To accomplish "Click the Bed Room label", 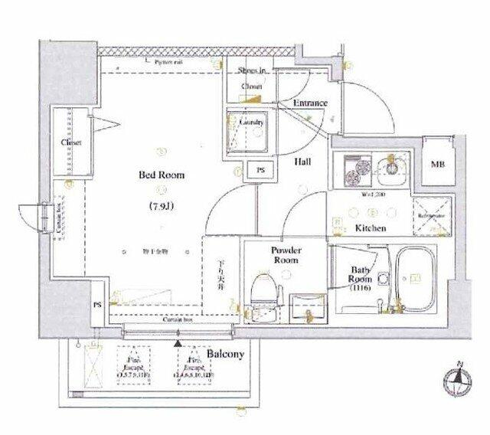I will (x=162, y=175).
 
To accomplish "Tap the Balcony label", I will (x=224, y=355).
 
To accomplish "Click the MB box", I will (x=439, y=163).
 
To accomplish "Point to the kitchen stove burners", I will (x=354, y=170).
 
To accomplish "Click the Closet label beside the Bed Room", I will (x=73, y=143).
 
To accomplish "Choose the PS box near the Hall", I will (x=261, y=170).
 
